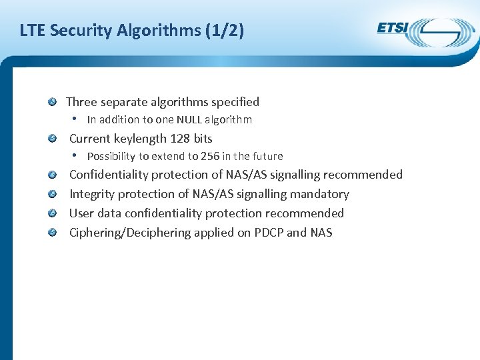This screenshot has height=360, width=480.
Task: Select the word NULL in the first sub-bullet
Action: point(189,120)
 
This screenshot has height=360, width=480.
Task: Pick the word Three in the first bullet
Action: point(81,102)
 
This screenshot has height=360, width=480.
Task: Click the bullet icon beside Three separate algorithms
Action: point(52,102)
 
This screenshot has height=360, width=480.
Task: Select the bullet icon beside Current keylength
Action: point(52,139)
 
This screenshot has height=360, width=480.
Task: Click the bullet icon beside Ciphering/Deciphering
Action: point(52,233)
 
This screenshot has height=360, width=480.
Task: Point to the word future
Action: point(267,156)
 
